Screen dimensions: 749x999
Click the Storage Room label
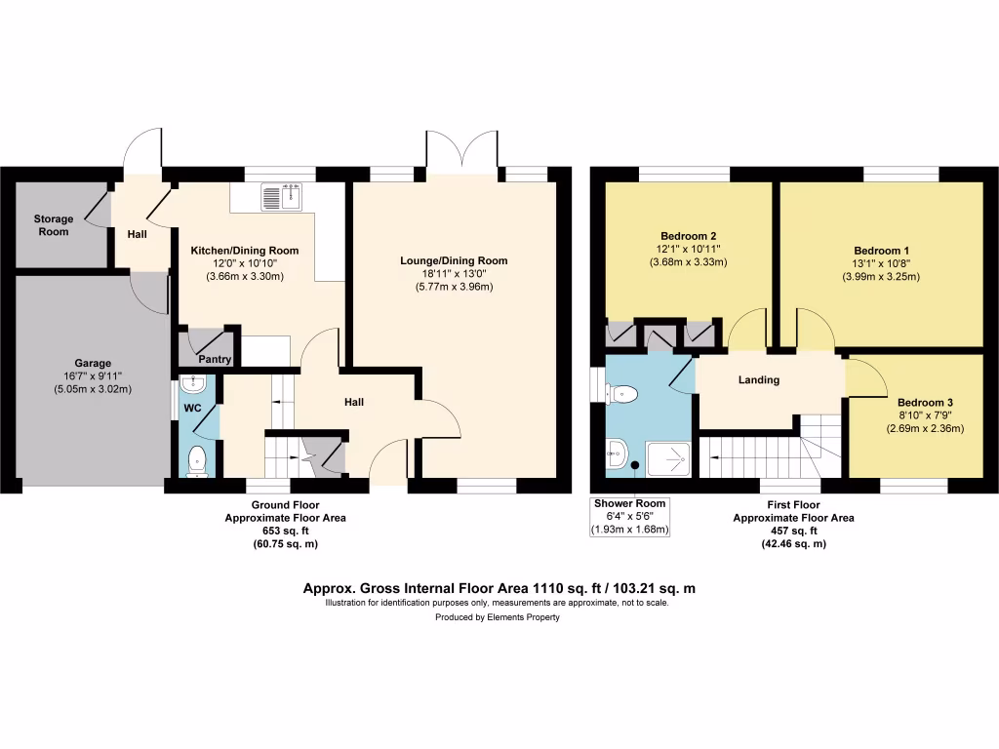click(54, 225)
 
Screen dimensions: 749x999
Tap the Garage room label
click(94, 362)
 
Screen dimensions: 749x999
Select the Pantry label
click(215, 360)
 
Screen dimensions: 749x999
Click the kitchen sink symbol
click(283, 197)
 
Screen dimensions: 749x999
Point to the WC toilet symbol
click(198, 459)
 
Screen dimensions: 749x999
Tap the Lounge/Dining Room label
click(454, 260)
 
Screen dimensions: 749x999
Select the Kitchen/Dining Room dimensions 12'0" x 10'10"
click(244, 264)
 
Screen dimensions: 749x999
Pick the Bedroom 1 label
click(881, 250)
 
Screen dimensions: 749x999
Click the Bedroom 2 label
click(689, 236)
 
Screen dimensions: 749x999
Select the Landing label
click(759, 380)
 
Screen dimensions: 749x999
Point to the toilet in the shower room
click(622, 394)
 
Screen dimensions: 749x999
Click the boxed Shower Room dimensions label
click(630, 517)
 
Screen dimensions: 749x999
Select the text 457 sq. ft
click(793, 531)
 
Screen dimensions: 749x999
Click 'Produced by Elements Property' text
click(498, 618)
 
